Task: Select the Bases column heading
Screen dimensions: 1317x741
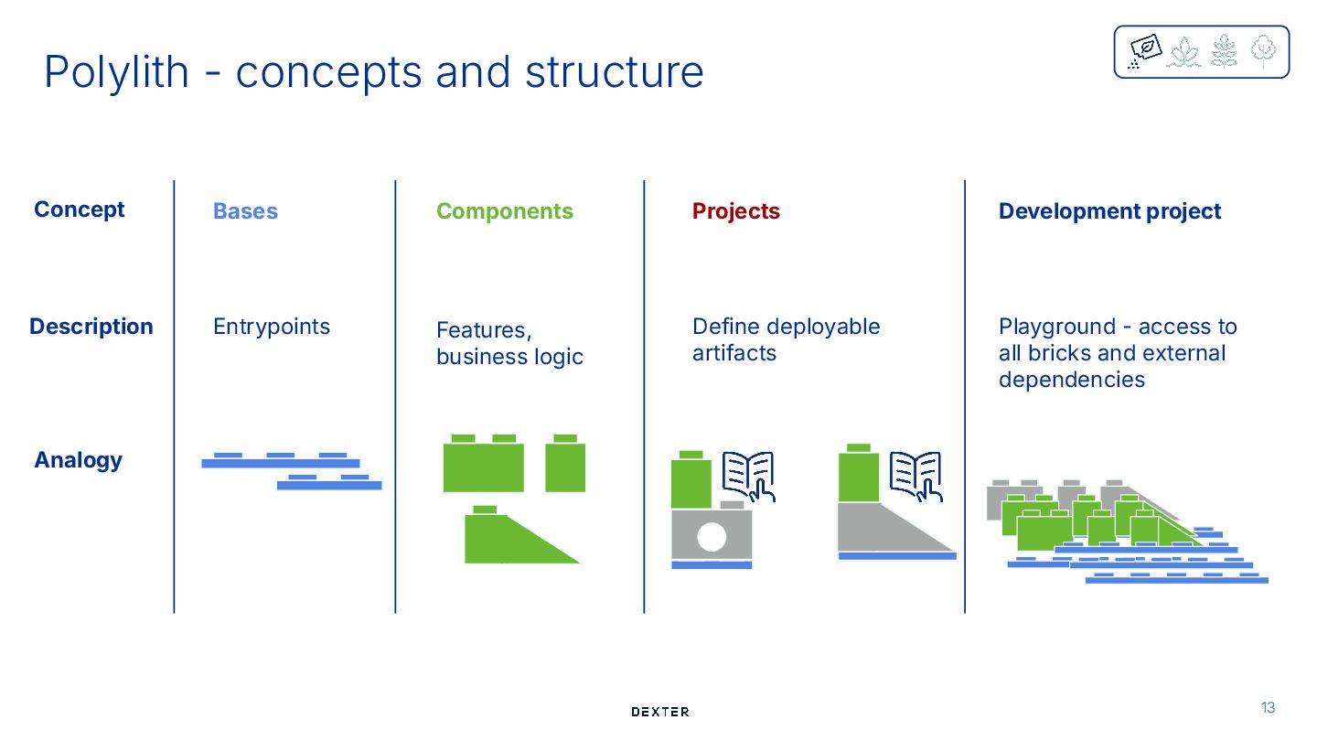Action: [x=245, y=211]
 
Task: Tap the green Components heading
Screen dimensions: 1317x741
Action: [x=504, y=211]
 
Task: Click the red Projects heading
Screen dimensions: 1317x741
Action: [x=735, y=211]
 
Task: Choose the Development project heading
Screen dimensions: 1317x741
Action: [x=1109, y=211]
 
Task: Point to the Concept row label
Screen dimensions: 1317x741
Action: [x=79, y=209]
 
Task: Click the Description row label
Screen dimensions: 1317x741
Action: [x=91, y=327]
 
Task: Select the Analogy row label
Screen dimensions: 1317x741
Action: [x=78, y=460]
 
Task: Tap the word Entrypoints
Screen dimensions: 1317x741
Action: [x=271, y=327]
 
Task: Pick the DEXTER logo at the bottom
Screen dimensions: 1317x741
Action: [x=659, y=712]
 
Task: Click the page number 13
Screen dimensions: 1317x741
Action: [x=1268, y=707]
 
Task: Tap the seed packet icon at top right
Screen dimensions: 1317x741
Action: [x=1144, y=50]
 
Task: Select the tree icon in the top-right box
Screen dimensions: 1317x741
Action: [x=1262, y=51]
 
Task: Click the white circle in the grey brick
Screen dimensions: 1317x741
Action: [x=711, y=537]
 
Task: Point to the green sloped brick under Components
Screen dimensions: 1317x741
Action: [x=512, y=542]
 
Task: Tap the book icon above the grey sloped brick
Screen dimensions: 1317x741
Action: [x=915, y=475]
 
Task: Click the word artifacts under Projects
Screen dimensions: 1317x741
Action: [x=733, y=353]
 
